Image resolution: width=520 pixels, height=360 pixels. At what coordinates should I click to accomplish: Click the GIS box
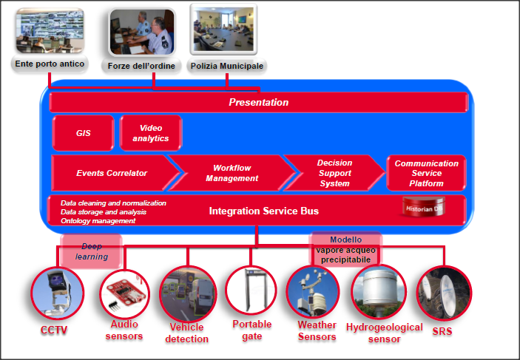tap(84, 133)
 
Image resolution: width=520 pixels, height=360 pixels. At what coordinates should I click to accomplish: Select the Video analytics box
tap(151, 133)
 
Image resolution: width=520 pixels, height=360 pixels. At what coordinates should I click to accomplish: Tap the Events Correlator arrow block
tap(112, 173)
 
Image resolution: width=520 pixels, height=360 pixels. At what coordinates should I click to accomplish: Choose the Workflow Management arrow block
tap(232, 173)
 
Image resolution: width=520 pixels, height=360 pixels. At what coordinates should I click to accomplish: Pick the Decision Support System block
tap(334, 173)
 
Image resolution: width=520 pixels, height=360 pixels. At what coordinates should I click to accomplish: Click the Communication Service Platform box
tap(427, 173)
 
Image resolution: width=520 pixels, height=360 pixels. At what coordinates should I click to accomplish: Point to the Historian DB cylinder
tap(424, 207)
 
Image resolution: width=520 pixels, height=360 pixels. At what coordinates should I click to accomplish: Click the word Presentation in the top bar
tap(259, 102)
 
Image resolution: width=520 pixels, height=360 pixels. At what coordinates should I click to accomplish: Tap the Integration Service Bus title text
tap(263, 211)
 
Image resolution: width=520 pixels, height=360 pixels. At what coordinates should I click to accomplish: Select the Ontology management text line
tap(98, 221)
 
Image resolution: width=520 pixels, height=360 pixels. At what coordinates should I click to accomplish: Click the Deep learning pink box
tap(91, 251)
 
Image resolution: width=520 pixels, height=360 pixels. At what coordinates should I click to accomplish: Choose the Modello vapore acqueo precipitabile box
tap(346, 249)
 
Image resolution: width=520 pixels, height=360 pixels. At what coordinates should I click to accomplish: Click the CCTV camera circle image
tap(58, 293)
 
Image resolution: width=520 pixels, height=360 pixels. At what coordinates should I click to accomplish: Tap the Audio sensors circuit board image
tap(124, 293)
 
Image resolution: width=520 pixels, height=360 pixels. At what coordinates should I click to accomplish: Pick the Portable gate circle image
tap(251, 291)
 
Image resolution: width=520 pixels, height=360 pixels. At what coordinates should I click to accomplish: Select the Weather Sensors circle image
tap(313, 292)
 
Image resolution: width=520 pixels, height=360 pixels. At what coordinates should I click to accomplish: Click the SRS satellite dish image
tap(445, 293)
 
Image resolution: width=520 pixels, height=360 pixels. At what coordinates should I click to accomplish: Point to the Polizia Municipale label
tap(227, 66)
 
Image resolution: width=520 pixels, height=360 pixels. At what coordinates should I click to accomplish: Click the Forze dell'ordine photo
tap(142, 32)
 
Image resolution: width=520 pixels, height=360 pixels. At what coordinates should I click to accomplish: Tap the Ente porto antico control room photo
tap(50, 30)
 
